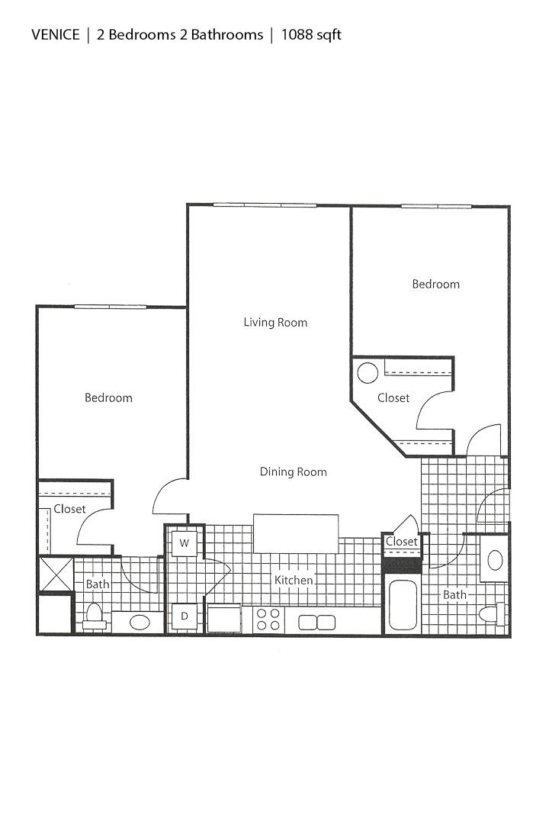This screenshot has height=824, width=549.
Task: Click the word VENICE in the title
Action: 55,34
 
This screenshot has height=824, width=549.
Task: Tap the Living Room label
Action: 275,322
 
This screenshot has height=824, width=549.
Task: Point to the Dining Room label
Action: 293,472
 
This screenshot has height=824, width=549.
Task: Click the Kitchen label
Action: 294,580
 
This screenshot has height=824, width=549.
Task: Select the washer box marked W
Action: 184,543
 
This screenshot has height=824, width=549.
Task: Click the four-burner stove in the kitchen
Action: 268,619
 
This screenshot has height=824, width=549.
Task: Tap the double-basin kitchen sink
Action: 316,622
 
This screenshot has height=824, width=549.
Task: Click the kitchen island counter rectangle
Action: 296,533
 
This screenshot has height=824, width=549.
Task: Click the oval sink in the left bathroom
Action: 140,622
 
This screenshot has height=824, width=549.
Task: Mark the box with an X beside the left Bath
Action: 55,574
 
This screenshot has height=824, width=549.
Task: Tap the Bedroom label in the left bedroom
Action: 108,398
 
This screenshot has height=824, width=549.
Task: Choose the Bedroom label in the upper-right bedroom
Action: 435,284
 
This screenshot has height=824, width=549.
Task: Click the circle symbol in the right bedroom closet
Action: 368,373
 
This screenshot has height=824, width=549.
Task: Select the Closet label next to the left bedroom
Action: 69,509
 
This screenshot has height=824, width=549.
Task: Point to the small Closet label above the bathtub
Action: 401,542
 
